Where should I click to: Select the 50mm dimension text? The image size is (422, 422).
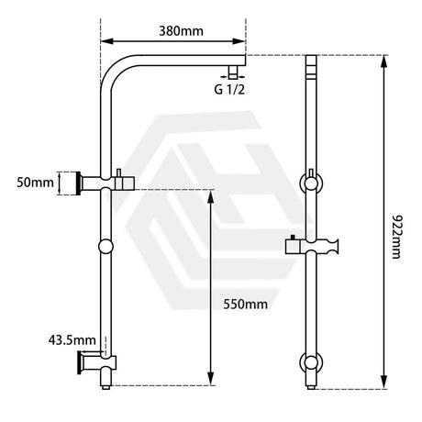coord(36,183)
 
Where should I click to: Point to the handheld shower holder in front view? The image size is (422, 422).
coord(316,246)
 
